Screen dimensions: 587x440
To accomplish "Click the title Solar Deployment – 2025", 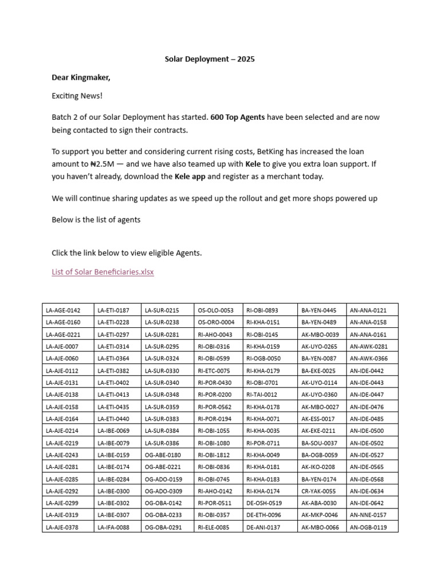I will pos(210,59).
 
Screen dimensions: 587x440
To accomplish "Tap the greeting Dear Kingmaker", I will pos(81,77).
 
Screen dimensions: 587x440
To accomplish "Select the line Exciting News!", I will pos(77,96).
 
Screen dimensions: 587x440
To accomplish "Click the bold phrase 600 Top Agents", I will pos(238,118).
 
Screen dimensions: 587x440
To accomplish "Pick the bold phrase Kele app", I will pos(190,176).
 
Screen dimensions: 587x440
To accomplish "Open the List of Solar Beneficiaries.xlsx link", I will pos(103,272).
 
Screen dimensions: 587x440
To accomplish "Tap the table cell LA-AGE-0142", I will pos(63,310).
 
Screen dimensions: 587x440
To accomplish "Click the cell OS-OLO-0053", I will pos(215,310).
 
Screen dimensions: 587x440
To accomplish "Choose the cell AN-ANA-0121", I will pos(368,310).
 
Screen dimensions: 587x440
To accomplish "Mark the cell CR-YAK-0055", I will pos(319,491).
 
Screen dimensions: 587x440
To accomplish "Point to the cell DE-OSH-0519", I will pos(264,503).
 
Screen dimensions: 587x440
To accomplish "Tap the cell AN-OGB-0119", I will pos(368,527).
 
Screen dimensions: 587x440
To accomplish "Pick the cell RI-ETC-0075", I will pos(214,370).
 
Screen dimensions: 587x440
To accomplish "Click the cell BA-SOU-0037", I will pos(319,443).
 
